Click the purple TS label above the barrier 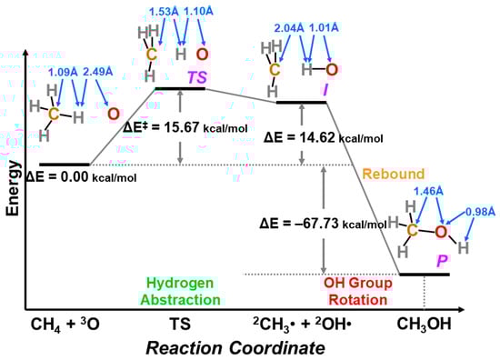pos(195,79)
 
